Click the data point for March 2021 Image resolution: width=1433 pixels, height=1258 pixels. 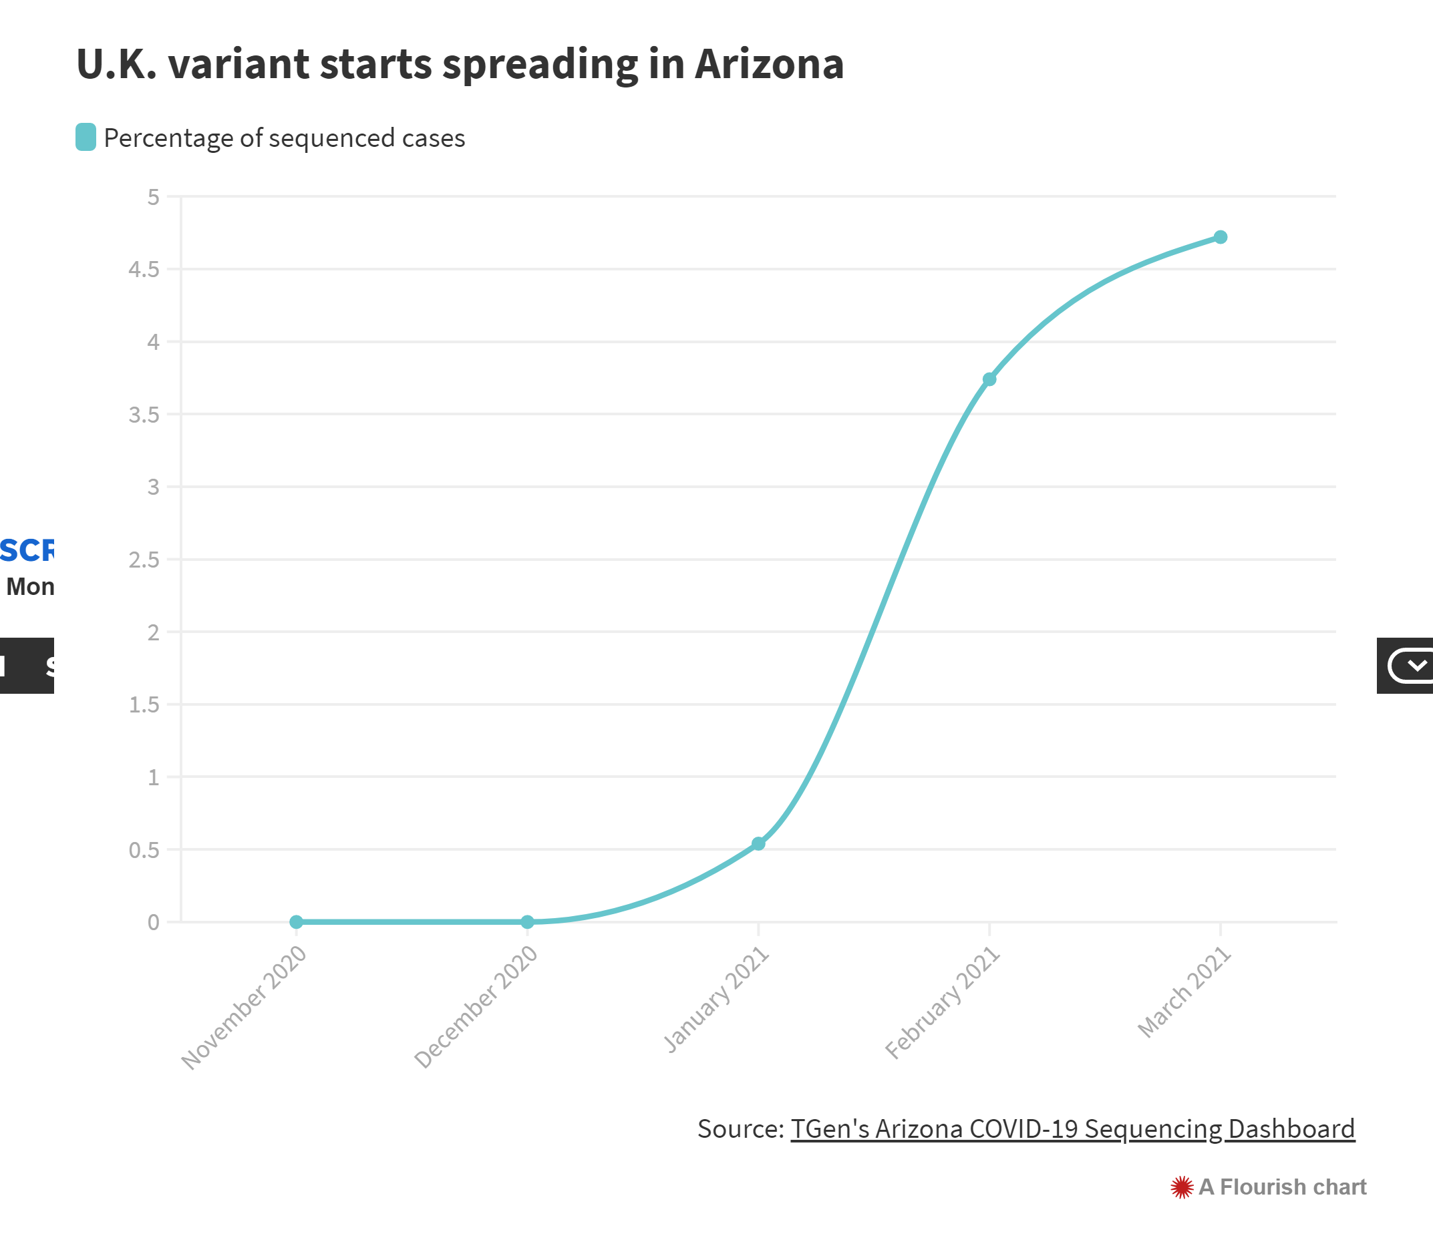1220,238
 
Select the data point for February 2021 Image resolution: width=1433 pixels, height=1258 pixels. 989,379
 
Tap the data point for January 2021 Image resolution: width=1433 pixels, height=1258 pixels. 758,844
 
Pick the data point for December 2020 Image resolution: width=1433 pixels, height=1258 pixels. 528,921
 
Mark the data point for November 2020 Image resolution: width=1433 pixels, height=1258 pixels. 297,921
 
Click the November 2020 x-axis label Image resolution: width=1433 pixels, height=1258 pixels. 245,1008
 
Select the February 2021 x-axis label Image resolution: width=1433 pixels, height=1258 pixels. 943,1002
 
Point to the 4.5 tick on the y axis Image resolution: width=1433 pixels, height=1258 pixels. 144,270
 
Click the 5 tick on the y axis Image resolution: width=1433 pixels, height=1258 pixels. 153,198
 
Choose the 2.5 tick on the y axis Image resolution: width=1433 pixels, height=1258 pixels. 144,560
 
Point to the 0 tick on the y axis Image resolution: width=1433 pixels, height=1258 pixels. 153,922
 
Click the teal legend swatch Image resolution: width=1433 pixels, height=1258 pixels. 86,138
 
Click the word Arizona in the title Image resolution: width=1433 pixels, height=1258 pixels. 769,65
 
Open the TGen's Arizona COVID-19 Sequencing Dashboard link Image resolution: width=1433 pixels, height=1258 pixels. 1072,1129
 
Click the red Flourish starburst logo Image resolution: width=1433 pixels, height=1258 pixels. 1181,1187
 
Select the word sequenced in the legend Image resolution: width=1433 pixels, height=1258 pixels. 331,139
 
